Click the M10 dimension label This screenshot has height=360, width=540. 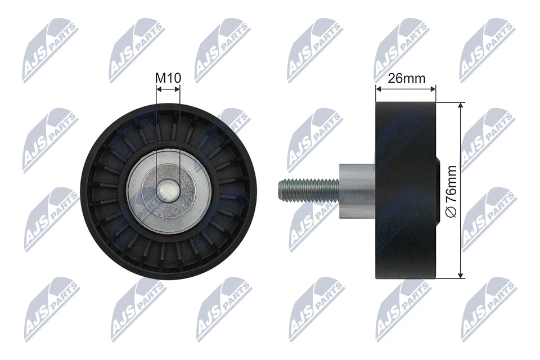point(168,78)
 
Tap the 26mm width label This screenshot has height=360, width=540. point(407,78)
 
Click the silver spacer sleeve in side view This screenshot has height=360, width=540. point(357,191)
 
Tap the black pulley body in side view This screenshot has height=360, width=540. point(406,191)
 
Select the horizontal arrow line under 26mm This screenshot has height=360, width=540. point(406,88)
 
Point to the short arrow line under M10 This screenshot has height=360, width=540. point(168,88)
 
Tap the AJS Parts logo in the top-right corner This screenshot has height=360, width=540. point(487,51)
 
